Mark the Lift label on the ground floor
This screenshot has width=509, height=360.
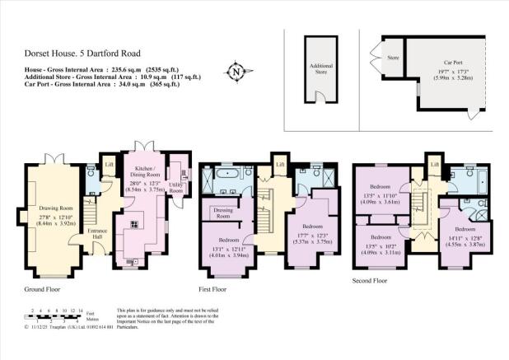(x=110, y=164)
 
